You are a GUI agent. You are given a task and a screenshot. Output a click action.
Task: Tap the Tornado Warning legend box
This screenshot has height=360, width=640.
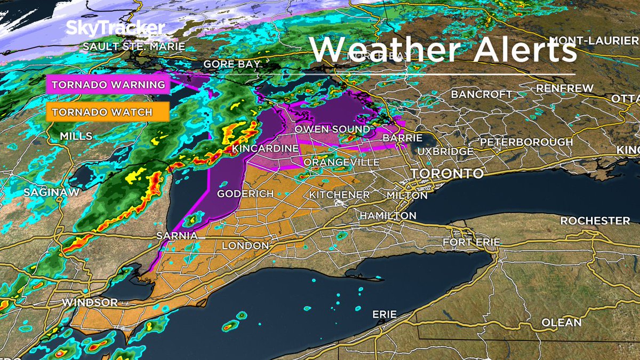coord(108,85)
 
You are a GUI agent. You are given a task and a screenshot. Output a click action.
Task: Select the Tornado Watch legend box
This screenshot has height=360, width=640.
coord(108,112)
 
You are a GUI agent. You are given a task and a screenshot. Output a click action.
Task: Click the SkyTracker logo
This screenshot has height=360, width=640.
coord(115,28)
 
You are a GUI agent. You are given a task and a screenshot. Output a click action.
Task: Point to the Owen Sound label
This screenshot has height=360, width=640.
coord(332,130)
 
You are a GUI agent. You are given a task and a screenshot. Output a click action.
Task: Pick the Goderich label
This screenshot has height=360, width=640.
coord(245,194)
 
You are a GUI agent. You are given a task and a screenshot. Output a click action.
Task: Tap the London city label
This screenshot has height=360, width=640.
coord(245,245)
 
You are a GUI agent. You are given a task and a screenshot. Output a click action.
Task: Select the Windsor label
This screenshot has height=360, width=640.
coord(90,302)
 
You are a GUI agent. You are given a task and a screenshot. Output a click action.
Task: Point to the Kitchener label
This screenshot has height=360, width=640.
coord(340,195)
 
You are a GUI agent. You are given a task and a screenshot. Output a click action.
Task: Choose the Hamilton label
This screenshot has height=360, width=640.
coord(388,215)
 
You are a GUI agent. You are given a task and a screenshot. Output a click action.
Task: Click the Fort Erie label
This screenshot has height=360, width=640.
coord(471,242)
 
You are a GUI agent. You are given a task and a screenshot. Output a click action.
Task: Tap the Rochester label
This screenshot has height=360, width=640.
coord(595,221)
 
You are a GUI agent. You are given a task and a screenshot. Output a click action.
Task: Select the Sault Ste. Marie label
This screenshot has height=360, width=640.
coord(133,47)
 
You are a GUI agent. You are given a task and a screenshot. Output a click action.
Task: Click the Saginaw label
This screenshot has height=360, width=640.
coord(51,192)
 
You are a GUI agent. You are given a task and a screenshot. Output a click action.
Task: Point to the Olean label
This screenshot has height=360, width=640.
coord(561,323)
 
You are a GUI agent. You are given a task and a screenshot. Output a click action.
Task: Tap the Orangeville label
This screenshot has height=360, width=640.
coord(341,162)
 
